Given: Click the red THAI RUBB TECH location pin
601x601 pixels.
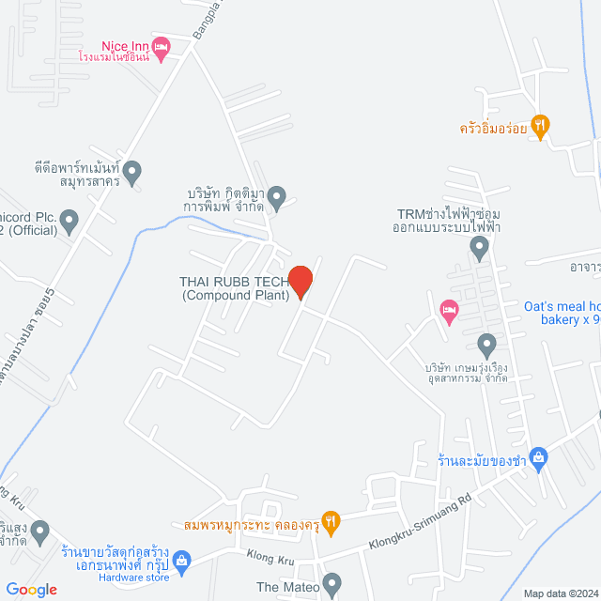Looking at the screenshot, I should (x=300, y=281).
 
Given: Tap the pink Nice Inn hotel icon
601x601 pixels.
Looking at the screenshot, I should (x=162, y=46).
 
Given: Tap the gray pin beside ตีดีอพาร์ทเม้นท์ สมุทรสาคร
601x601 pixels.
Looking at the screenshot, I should (x=132, y=172).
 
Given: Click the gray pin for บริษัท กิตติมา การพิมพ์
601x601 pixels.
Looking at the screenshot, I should (x=277, y=197).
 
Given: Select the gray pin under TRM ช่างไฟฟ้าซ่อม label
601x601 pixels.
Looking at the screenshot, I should (x=480, y=249).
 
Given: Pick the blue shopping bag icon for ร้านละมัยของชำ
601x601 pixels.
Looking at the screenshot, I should (x=538, y=458).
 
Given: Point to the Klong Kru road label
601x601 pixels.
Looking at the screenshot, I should (x=271, y=561).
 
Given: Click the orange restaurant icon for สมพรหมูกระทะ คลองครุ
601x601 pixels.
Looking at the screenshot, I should (x=330, y=519).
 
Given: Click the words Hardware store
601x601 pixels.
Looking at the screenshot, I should (x=134, y=578).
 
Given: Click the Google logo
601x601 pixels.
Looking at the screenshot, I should (x=31, y=590).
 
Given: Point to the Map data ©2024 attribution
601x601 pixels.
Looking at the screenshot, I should (x=560, y=593).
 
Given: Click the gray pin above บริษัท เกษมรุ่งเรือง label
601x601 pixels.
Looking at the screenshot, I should (x=485, y=343).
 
